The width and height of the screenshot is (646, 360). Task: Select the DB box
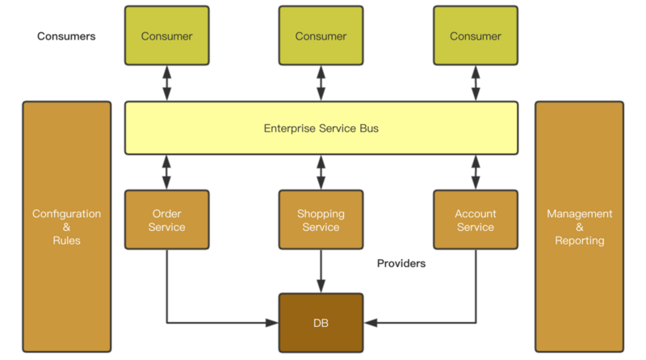click(321, 323)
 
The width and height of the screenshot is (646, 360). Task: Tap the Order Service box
click(167, 220)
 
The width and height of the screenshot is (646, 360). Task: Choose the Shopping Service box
click(321, 220)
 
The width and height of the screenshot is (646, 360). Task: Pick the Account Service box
click(475, 220)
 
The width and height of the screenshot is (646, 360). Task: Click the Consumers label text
click(66, 36)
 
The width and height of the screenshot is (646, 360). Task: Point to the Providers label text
click(401, 263)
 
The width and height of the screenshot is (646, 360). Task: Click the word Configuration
click(66, 214)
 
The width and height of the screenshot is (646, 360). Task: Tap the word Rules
click(66, 241)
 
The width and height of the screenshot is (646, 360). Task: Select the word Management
click(579, 214)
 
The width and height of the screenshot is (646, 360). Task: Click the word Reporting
click(579, 241)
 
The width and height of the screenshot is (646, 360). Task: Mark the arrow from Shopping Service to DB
click(321, 270)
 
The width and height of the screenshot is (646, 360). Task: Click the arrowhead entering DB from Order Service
click(273, 323)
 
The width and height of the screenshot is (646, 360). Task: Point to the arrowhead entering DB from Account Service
click(369, 323)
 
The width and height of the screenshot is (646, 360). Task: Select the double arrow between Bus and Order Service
click(167, 172)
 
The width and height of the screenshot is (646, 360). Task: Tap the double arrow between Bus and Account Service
click(475, 172)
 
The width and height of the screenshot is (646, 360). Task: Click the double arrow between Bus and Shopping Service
click(321, 172)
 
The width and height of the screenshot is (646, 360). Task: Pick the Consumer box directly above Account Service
click(475, 36)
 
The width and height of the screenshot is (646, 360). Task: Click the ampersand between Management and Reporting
click(579, 228)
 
